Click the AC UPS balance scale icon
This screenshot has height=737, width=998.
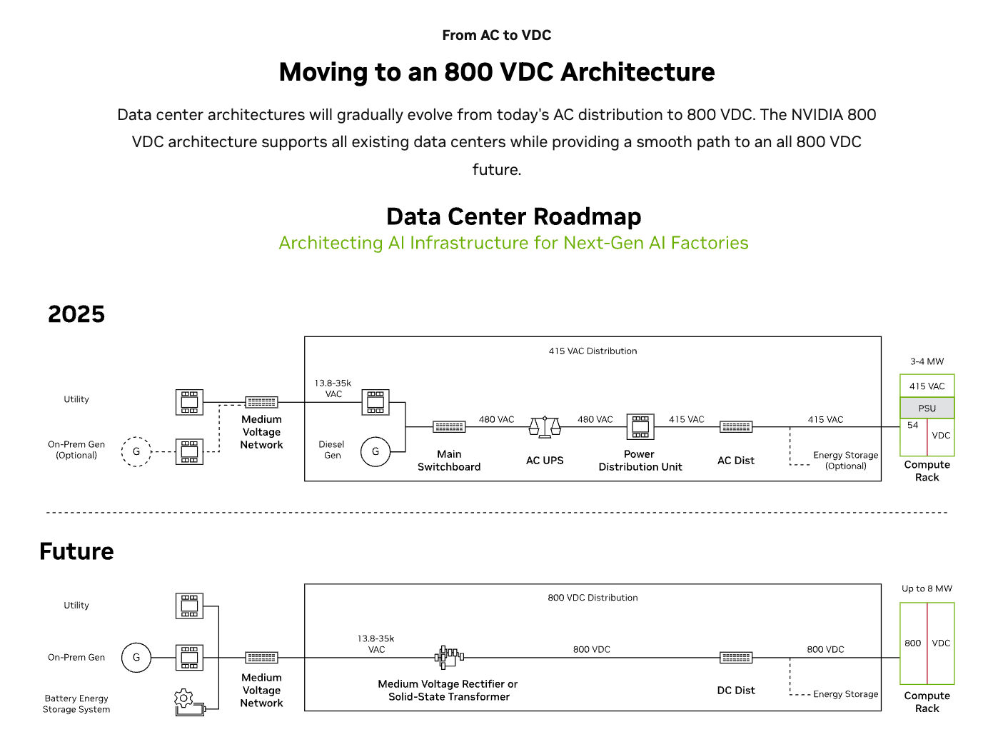click(x=545, y=427)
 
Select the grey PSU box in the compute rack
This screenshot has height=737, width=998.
click(x=927, y=408)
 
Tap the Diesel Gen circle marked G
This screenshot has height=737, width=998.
click(x=375, y=451)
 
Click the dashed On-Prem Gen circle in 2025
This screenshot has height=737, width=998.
click(x=136, y=451)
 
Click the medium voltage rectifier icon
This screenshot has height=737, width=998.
click(x=449, y=657)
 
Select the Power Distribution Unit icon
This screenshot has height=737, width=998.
click(x=640, y=427)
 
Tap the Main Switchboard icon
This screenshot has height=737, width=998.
click(x=449, y=427)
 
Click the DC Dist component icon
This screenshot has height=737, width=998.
click(x=736, y=658)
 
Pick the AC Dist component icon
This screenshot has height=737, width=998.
click(x=736, y=427)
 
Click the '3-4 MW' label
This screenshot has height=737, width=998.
click(x=927, y=361)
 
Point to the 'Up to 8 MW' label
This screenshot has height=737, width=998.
click(x=927, y=589)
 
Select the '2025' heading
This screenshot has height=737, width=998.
click(x=76, y=314)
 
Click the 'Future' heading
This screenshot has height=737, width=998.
click(x=76, y=551)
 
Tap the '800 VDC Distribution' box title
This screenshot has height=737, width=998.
click(x=593, y=598)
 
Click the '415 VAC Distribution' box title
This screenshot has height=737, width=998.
click(x=593, y=351)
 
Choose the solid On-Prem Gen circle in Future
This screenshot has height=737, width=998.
click(x=136, y=658)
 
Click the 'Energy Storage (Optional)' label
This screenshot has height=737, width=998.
click(x=845, y=461)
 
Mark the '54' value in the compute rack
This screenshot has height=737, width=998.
click(x=912, y=425)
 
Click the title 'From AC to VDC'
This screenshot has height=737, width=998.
click(x=497, y=35)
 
